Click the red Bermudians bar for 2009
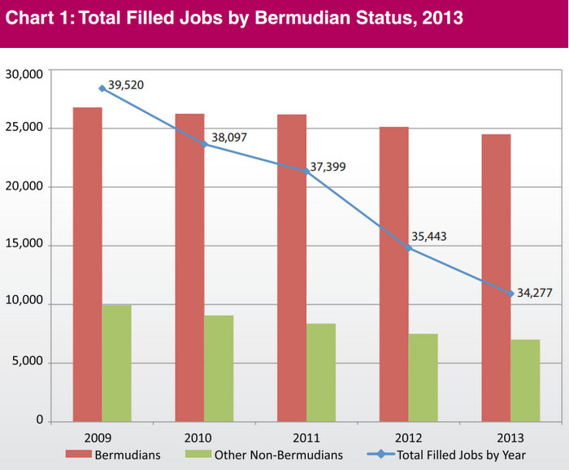coord(88,264)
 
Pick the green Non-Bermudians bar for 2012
coord(423,377)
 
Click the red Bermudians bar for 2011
coord(292,268)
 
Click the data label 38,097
coord(230,138)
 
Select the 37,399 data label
coord(332,166)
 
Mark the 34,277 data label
coord(535,293)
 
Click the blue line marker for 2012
coord(408,248)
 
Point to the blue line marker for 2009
coord(102,88)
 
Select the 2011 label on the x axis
coord(306,435)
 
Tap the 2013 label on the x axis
coord(510,435)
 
